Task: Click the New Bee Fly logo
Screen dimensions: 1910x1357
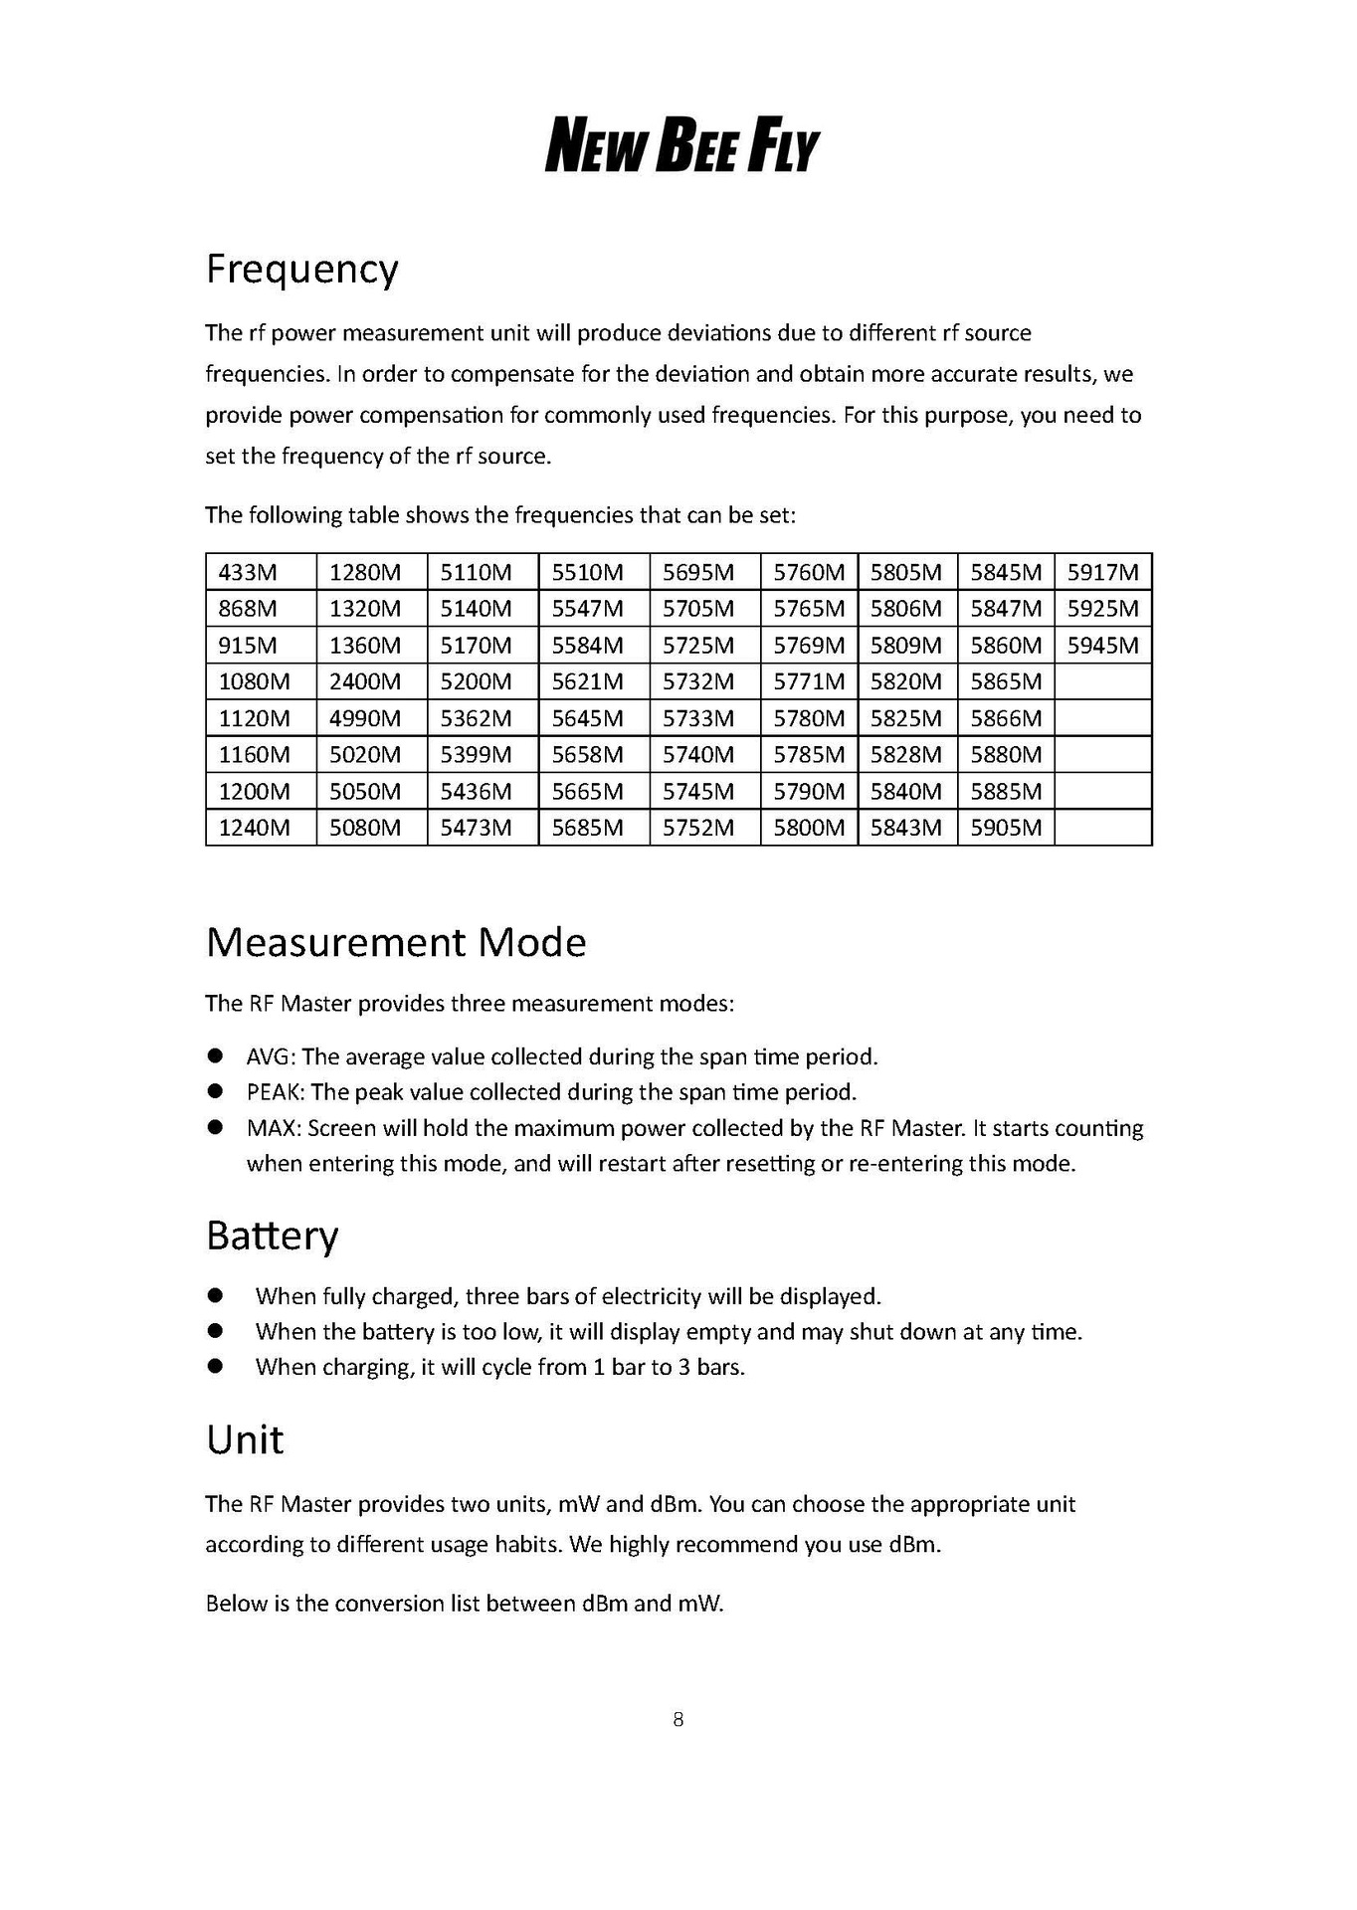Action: (681, 145)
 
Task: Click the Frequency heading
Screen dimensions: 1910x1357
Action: (301, 269)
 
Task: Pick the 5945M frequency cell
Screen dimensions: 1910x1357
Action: (1102, 646)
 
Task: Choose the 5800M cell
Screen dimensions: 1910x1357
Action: (809, 828)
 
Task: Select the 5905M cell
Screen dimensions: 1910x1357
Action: (1006, 828)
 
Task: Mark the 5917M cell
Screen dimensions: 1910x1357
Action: (1102, 572)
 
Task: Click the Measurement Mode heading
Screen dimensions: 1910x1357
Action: (396, 942)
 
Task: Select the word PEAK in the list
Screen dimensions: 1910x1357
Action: (275, 1092)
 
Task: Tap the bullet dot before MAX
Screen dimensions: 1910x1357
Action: (215, 1127)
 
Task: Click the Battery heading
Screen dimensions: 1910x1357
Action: (272, 1236)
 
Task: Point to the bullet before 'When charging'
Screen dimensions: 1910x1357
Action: (215, 1366)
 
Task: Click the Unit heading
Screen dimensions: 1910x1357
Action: (244, 1439)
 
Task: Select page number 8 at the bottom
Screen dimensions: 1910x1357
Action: (678, 1719)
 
